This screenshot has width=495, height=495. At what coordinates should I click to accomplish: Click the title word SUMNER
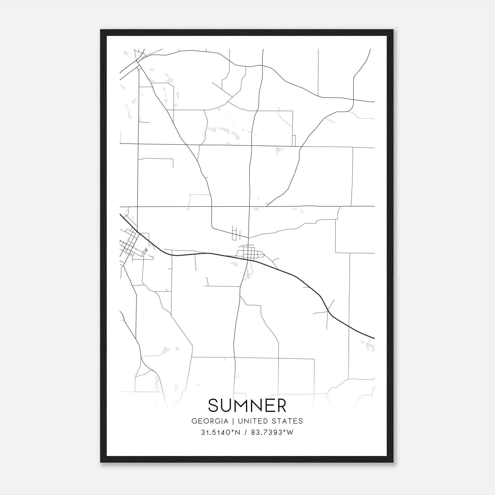(x=247, y=405)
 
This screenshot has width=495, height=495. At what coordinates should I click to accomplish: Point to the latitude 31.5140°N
(x=221, y=433)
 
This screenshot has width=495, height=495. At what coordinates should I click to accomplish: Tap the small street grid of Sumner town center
(x=249, y=253)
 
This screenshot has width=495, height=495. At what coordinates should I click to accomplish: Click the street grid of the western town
(x=129, y=244)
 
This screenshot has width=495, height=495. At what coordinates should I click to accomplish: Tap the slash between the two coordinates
(x=246, y=433)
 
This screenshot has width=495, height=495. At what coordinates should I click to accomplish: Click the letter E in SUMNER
(x=269, y=405)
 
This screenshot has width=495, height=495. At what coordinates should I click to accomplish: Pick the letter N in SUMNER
(x=257, y=405)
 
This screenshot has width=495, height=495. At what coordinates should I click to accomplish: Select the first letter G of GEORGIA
(x=194, y=421)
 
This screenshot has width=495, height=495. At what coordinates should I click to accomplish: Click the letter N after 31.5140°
(x=238, y=433)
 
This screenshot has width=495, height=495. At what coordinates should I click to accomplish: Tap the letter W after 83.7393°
(x=290, y=433)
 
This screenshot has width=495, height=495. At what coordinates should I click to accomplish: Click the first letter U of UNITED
(x=239, y=421)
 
